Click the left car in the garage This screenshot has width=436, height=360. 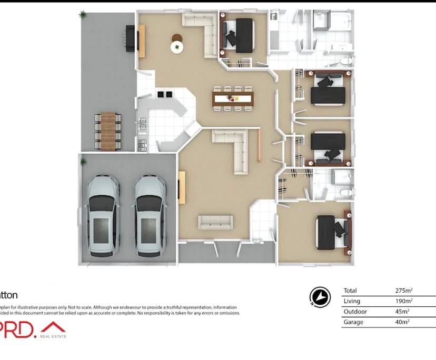click(x=102, y=216)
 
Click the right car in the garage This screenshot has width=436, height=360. click(x=150, y=216)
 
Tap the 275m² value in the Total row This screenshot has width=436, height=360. click(x=404, y=291)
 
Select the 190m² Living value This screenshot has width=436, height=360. click(x=404, y=301)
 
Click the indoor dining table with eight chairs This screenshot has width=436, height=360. click(x=233, y=98)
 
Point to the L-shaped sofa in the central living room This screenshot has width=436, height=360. click(x=235, y=147)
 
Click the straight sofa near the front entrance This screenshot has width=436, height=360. click(x=215, y=222)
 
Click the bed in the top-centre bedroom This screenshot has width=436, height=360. click(x=240, y=35)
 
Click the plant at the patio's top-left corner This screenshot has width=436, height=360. click(x=82, y=15)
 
